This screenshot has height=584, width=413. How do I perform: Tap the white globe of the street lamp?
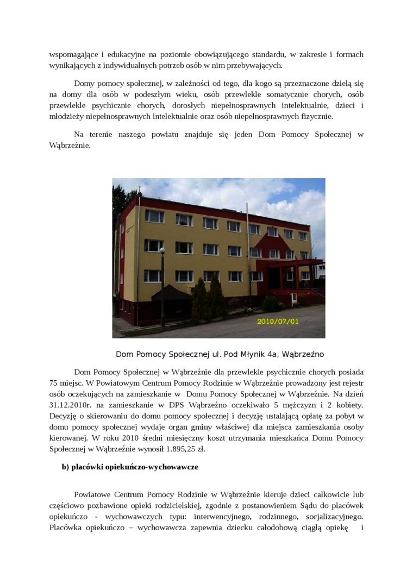[x=162, y=250]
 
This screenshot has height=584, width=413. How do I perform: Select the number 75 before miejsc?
[x=54, y=383]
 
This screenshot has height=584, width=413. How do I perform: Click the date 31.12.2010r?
[x=70, y=405]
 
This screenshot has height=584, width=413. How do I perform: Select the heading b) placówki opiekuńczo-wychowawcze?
[x=130, y=467]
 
